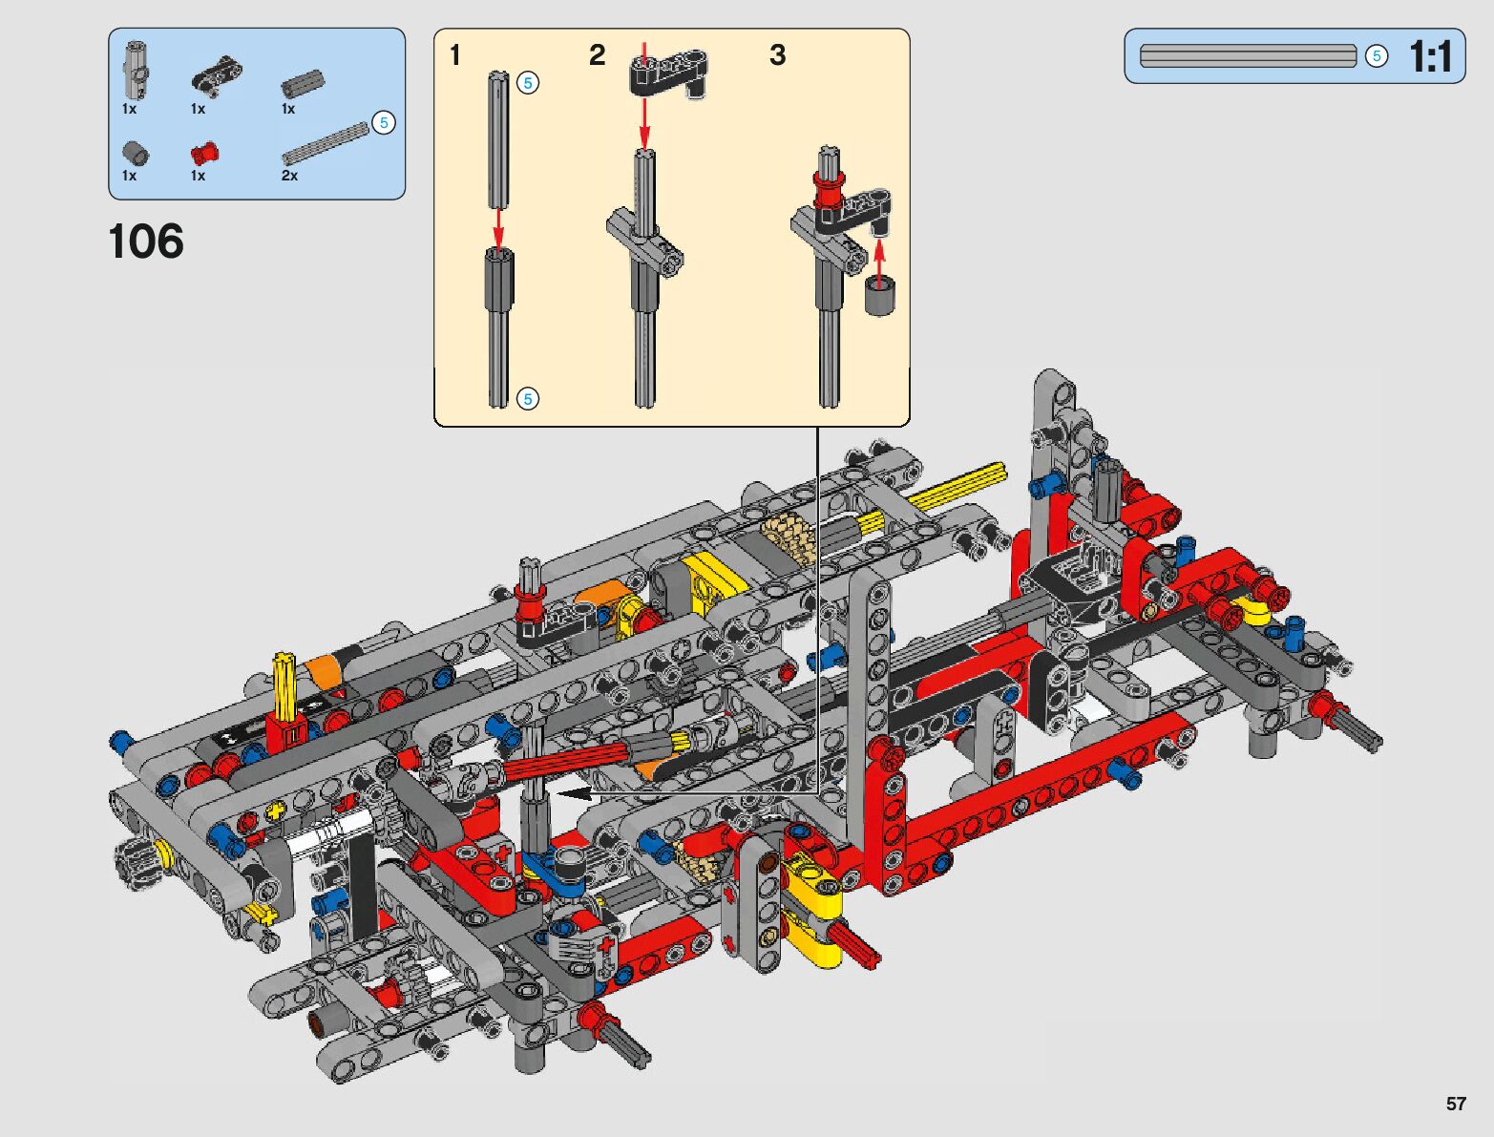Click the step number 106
(x=146, y=242)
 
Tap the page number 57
(x=1456, y=1103)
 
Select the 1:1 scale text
(x=1430, y=56)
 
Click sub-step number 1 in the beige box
(x=455, y=55)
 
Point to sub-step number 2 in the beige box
(x=597, y=55)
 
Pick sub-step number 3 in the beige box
(x=777, y=55)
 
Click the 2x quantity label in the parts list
(x=290, y=176)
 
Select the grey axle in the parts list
(x=326, y=143)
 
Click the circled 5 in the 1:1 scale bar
(x=1377, y=55)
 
